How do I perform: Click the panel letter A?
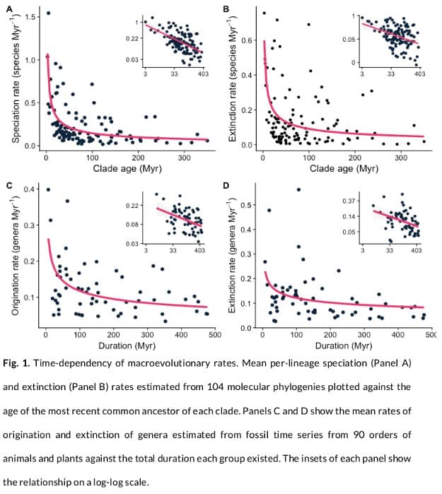pyautogui.click(x=10, y=8)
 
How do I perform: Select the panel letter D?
pyautogui.click(x=226, y=186)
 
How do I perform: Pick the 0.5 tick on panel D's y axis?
pyautogui.click(x=250, y=205)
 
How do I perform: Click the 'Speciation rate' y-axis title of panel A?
pyautogui.click(x=16, y=81)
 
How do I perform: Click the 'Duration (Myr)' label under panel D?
pyautogui.click(x=343, y=346)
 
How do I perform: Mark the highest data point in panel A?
pyautogui.click(x=48, y=13)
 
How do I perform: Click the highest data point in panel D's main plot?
pyautogui.click(x=298, y=189)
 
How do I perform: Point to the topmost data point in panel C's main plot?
pyautogui.click(x=48, y=189)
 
